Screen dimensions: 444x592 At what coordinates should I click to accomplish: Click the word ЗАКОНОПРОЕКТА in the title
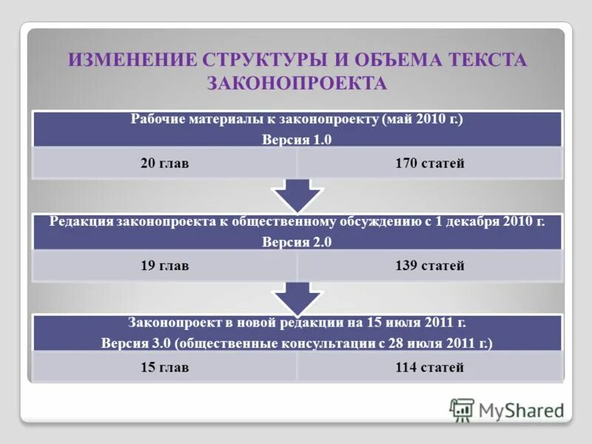[297, 83]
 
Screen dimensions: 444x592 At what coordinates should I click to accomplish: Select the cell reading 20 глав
[164, 164]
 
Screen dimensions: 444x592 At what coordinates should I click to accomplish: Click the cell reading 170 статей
[430, 164]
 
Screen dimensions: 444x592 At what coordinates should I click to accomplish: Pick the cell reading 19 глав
[164, 266]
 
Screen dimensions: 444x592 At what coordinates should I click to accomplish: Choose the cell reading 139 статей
[430, 266]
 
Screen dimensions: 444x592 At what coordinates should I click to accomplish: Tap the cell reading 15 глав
[164, 367]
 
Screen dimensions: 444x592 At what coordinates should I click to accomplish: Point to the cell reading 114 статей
[430, 367]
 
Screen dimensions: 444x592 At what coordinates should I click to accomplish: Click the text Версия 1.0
[297, 139]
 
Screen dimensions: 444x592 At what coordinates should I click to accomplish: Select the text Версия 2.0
[297, 241]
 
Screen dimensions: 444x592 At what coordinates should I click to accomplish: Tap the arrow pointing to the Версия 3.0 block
[297, 298]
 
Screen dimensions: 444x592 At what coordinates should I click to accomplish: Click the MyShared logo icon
[462, 410]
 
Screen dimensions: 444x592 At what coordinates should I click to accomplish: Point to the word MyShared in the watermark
[521, 410]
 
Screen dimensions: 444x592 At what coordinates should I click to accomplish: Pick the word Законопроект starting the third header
[172, 323]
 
